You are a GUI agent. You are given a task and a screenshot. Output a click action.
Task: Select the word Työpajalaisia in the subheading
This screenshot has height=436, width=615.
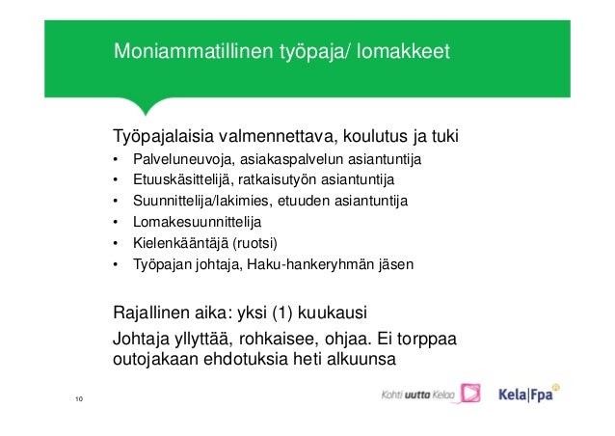click(164, 134)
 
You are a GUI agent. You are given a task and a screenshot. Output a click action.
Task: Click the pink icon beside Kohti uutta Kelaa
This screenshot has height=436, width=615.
click(469, 394)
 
